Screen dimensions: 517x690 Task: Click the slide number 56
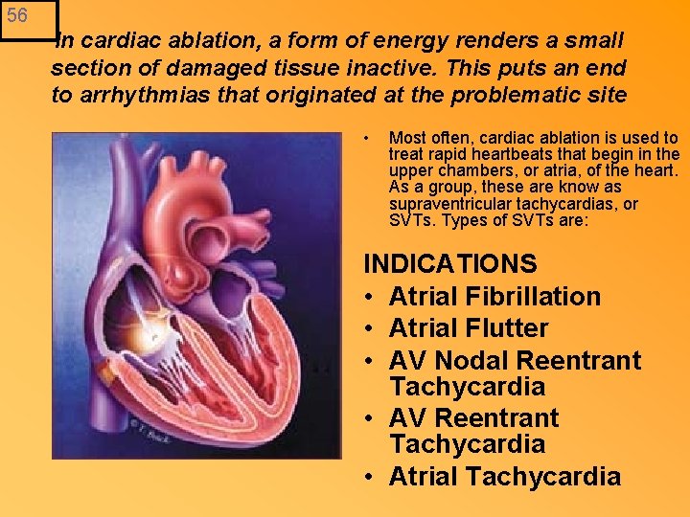click(17, 15)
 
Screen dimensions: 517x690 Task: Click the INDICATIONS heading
click(450, 263)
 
